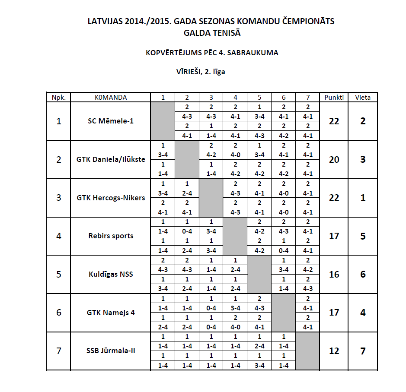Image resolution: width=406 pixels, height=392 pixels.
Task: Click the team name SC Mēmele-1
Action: tap(110, 121)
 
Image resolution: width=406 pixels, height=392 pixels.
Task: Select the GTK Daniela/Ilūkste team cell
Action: tap(110, 159)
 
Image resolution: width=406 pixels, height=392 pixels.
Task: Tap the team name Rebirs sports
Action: tap(110, 236)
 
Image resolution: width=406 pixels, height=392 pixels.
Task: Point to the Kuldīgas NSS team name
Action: tap(110, 274)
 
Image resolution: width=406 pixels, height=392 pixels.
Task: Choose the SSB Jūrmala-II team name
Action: tap(110, 351)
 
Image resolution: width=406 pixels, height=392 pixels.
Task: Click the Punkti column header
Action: tap(334, 97)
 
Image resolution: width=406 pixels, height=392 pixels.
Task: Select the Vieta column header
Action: tap(363, 97)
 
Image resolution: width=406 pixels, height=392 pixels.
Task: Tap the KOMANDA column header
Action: tap(110, 97)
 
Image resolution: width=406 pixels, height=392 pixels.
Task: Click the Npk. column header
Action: tap(58, 97)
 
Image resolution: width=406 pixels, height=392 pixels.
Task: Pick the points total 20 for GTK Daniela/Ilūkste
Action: tap(334, 159)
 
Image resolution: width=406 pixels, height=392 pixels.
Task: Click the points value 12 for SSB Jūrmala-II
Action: tap(334, 351)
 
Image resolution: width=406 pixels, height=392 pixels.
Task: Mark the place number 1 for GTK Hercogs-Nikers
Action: tap(363, 198)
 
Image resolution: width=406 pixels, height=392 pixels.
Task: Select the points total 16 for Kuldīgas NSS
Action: tap(334, 274)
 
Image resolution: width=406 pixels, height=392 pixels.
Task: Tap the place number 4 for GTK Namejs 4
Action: tap(363, 313)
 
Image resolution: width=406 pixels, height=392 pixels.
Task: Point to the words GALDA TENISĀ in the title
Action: tap(211, 33)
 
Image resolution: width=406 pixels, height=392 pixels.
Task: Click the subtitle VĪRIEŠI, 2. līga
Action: tap(200, 72)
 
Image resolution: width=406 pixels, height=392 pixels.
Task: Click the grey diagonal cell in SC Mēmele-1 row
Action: tap(163, 121)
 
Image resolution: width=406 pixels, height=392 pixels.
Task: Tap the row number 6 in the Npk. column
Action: tap(58, 313)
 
